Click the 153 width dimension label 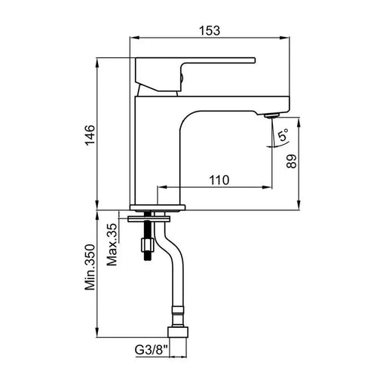(x=210, y=31)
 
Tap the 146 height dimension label (x=90, y=135)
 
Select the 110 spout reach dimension (x=219, y=180)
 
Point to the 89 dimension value (x=292, y=161)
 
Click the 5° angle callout (x=283, y=134)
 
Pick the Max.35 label (x=112, y=244)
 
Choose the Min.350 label (x=90, y=267)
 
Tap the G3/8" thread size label (x=152, y=350)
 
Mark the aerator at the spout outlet (x=271, y=116)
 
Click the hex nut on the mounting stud (x=147, y=245)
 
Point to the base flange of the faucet (x=158, y=207)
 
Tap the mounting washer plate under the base (x=149, y=219)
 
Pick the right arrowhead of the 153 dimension (x=285, y=38)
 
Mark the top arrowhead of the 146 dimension (x=97, y=63)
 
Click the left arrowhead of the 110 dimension (x=162, y=187)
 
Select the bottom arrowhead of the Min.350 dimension (x=97, y=332)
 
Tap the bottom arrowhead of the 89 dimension (x=299, y=205)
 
